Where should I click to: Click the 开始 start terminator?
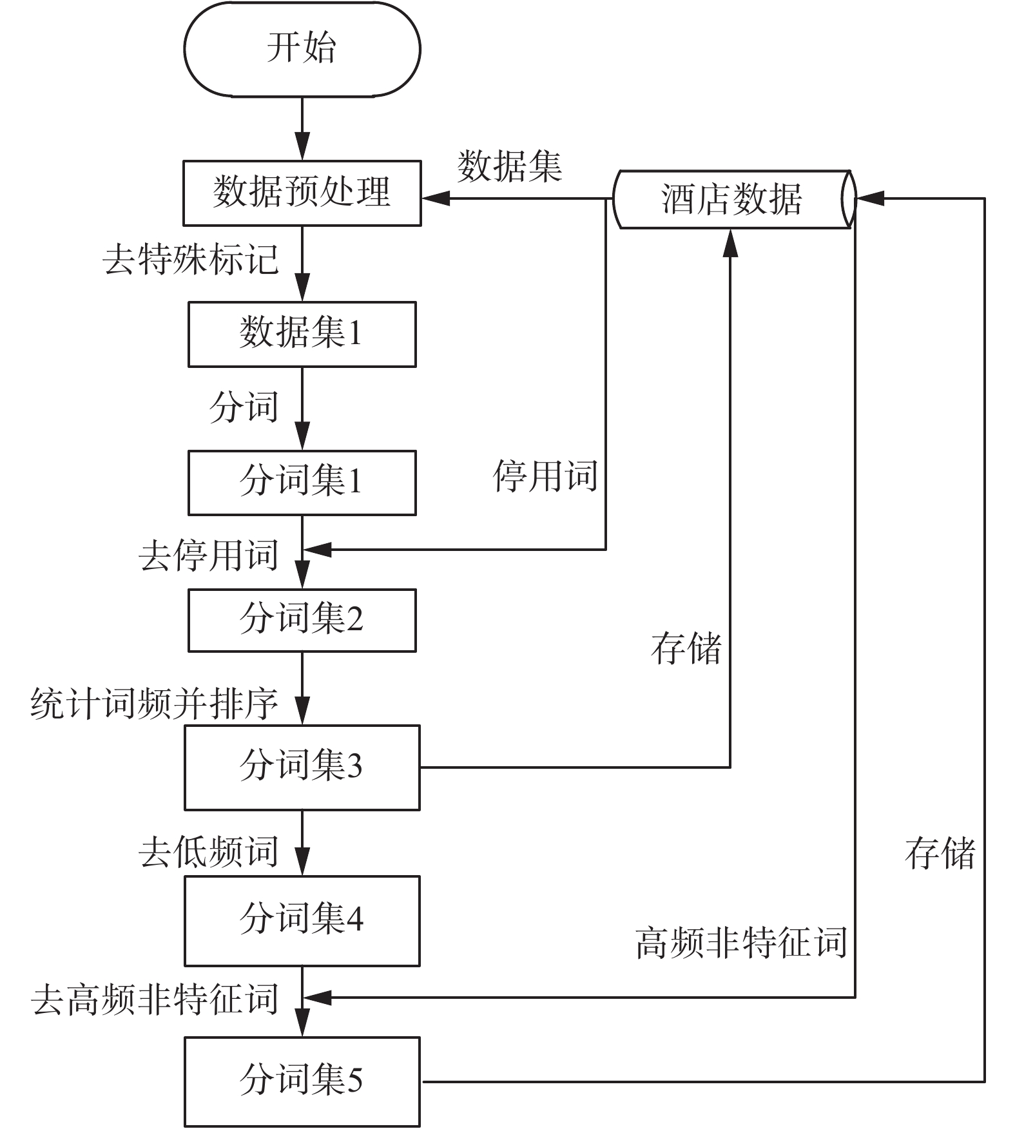tap(302, 49)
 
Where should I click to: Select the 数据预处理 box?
tap(302, 193)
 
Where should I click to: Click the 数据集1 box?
tap(302, 334)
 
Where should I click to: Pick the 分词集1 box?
tap(302, 482)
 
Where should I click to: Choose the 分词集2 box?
tap(302, 619)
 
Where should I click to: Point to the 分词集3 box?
tap(302, 767)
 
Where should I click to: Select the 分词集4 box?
tap(302, 920)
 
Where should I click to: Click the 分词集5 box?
tap(302, 1081)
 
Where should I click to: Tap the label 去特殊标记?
tap(191, 260)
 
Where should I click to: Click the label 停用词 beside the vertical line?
tap(545, 477)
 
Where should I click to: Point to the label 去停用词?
tap(208, 555)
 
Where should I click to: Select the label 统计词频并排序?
tap(155, 703)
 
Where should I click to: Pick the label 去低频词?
tap(208, 852)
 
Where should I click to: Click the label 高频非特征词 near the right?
tap(741, 943)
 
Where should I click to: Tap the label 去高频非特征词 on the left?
tap(155, 999)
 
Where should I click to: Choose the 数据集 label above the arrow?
tap(509, 166)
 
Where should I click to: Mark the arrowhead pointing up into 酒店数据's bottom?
tap(730, 242)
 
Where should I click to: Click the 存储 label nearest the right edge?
tap(940, 853)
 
